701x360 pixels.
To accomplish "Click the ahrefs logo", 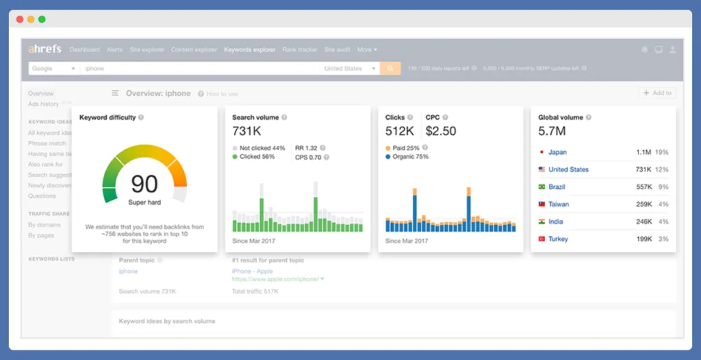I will (x=44, y=49).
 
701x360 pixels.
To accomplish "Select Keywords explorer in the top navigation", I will (x=249, y=50).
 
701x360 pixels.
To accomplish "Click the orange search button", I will (x=390, y=68).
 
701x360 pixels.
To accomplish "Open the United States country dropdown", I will (x=350, y=68).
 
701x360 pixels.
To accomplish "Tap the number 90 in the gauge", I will (x=144, y=183).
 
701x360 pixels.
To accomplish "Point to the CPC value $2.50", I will (x=442, y=131).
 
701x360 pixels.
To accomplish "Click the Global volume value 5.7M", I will (x=551, y=131).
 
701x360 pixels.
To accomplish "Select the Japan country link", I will (x=557, y=153).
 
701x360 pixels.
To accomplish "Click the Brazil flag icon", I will (x=541, y=187).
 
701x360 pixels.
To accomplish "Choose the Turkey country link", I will (x=558, y=239).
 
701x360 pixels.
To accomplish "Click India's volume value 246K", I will (x=643, y=222).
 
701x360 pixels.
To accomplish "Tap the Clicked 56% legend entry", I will (x=257, y=157).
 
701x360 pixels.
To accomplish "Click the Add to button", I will (x=657, y=93).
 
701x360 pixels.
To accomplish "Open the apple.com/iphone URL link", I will (x=276, y=279).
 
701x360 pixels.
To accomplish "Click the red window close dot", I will (x=20, y=19).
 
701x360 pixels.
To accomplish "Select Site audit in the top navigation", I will (x=337, y=50).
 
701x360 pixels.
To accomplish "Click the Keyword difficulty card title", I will (x=107, y=118).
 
